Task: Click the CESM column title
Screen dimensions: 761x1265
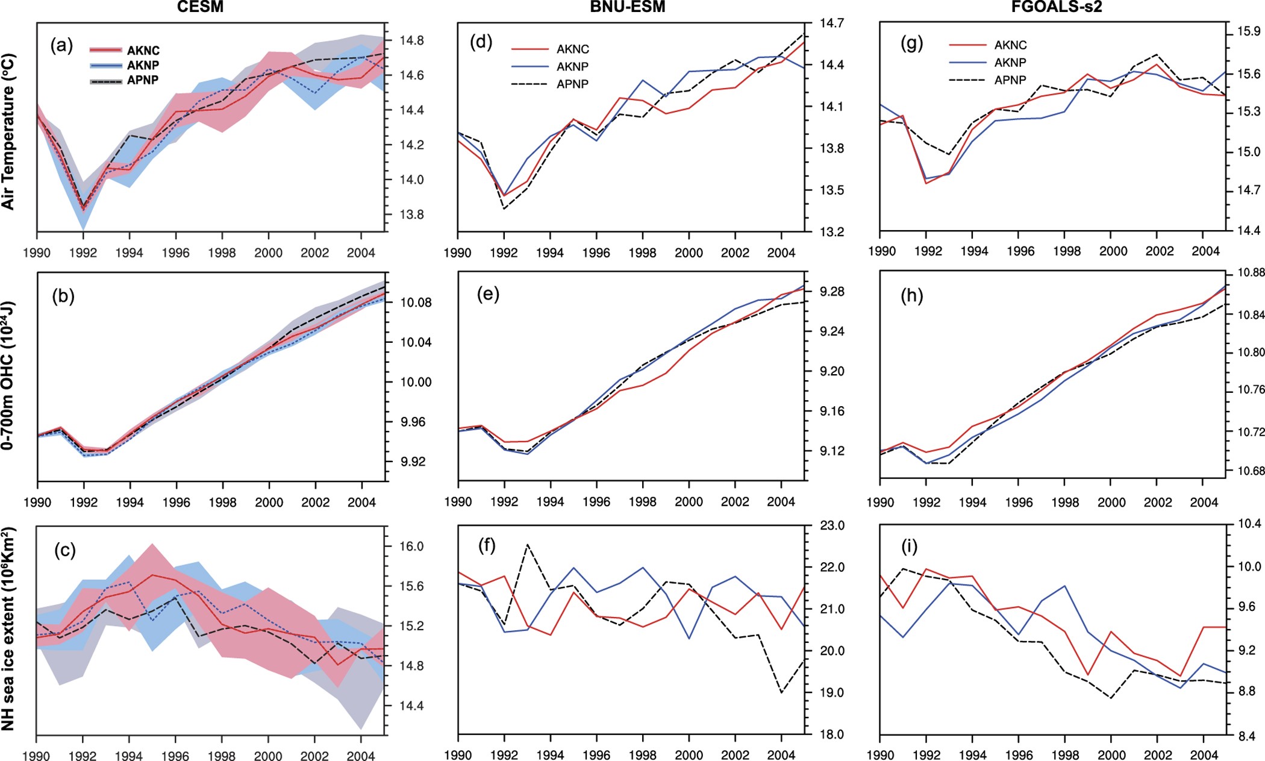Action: pyautogui.click(x=200, y=7)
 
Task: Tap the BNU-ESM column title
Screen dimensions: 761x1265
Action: pyautogui.click(x=627, y=7)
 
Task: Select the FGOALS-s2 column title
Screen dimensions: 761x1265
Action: pyautogui.click(x=1057, y=7)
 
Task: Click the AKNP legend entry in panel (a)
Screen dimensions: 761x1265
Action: pyautogui.click(x=143, y=65)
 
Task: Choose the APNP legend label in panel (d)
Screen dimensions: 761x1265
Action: pyautogui.click(x=572, y=84)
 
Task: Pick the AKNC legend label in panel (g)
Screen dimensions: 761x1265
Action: pyautogui.click(x=1010, y=45)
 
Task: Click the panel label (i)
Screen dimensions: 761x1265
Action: pyautogui.click(x=909, y=546)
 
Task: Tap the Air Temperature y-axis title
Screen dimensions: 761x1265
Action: pyautogui.click(x=8, y=131)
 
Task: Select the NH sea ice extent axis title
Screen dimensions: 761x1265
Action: pyautogui.click(x=8, y=628)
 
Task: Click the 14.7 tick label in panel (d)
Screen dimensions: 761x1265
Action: pyautogui.click(x=831, y=23)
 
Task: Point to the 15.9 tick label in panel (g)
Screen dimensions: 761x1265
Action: pyautogui.click(x=1248, y=31)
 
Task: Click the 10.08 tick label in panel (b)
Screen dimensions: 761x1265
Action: pyautogui.click(x=416, y=302)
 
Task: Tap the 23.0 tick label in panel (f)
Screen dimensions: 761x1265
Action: pyautogui.click(x=832, y=525)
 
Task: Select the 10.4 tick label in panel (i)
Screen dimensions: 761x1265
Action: pyautogui.click(x=1249, y=524)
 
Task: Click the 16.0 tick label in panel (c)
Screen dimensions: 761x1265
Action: pyautogui.click(x=412, y=546)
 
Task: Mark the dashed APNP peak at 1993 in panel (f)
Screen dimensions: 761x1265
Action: pyautogui.click(x=528, y=544)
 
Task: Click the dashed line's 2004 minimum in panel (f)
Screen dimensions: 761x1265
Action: pyautogui.click(x=781, y=693)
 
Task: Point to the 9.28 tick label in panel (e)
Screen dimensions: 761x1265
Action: pyautogui.click(x=832, y=292)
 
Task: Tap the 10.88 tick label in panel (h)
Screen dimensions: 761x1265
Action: pyautogui.click(x=1251, y=273)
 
